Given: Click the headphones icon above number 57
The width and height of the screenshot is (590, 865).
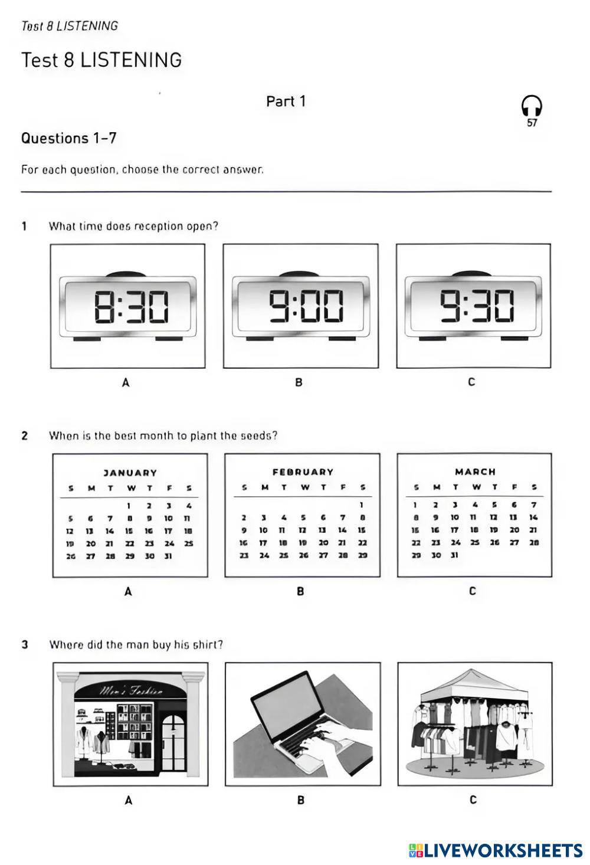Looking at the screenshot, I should (x=532, y=106).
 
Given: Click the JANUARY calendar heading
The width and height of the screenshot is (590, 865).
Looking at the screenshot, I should (x=130, y=473).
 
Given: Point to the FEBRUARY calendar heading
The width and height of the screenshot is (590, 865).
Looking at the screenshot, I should (x=303, y=472).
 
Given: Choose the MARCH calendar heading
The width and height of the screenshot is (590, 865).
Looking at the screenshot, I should (x=475, y=471).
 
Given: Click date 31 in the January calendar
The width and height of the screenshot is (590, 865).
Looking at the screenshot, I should (x=168, y=556).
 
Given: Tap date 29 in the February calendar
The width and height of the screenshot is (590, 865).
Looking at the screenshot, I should (x=362, y=555).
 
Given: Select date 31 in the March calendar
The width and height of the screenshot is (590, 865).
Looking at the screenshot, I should (x=454, y=555).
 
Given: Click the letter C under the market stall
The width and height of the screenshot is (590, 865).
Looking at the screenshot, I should (x=473, y=800).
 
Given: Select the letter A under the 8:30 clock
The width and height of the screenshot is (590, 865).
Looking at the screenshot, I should (x=125, y=382).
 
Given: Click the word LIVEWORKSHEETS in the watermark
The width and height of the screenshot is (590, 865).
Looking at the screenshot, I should (x=503, y=850).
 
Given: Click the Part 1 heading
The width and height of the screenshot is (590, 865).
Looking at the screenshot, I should (x=286, y=101).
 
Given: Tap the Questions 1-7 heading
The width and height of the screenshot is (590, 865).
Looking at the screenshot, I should (x=68, y=138).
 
